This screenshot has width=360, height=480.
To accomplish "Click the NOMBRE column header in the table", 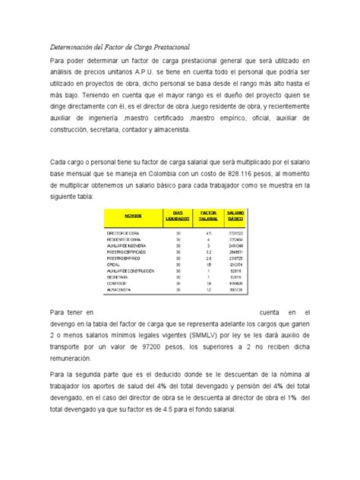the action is (x=134, y=216).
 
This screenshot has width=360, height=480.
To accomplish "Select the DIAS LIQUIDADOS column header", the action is (x=177, y=216).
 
